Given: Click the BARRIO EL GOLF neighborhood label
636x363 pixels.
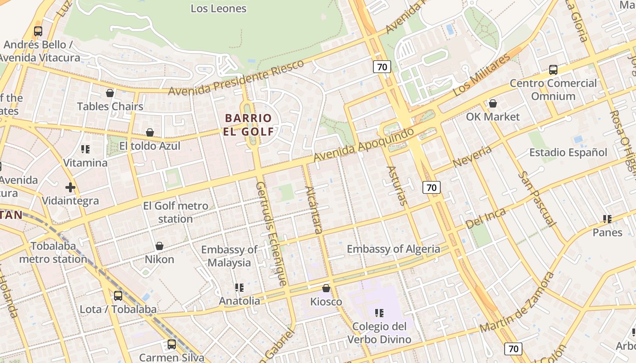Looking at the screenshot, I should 248,125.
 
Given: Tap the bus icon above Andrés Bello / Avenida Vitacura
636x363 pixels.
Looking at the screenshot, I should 38,31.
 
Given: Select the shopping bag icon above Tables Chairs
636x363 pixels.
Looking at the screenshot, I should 110,93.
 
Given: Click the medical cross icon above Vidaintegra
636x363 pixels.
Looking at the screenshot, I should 70,187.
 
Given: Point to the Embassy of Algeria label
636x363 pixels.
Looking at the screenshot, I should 393,249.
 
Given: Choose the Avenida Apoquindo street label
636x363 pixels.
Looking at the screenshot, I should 364,145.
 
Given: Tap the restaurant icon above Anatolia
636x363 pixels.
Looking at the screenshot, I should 239,287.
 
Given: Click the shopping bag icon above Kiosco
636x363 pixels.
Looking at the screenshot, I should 326,288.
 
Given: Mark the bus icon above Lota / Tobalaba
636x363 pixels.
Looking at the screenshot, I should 118,296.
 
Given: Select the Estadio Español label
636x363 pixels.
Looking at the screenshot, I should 568,152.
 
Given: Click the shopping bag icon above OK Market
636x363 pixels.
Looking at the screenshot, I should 492,104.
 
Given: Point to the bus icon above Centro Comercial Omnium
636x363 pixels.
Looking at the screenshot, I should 553,70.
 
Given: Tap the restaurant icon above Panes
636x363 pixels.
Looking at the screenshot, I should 607,219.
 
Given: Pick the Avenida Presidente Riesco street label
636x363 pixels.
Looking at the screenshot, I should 236,78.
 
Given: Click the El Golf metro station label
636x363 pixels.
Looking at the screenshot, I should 176,212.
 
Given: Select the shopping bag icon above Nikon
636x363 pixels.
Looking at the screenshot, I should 159,246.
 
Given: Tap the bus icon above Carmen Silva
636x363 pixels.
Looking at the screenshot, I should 171,344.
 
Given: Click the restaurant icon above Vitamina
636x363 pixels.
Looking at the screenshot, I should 85,149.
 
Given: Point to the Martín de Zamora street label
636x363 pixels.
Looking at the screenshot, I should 517,302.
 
